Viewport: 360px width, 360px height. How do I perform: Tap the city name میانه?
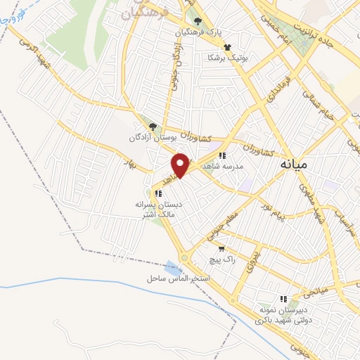pos(294,165)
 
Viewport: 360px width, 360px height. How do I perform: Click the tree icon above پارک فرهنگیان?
pos(198,22)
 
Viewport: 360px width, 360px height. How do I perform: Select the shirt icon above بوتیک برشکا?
pos(226,46)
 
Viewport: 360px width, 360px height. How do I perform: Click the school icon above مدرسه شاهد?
pos(222,155)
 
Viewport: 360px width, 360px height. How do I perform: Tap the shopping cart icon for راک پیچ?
pos(222,248)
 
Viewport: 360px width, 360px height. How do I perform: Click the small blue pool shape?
pos(172,268)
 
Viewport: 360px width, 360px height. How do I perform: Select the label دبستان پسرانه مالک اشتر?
pos(159,208)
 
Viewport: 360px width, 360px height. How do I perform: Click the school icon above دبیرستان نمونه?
pos(283,298)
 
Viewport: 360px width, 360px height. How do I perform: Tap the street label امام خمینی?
pos(274,25)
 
